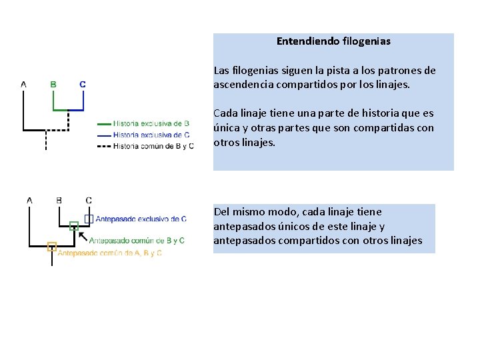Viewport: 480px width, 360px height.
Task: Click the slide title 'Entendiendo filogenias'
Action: pos(333,41)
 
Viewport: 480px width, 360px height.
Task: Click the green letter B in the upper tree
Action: pos(53,85)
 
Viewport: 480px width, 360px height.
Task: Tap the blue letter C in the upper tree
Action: pos(82,85)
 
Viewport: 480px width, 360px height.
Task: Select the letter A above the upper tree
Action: pos(24,85)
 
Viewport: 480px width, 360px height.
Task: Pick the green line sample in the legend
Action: pos(104,124)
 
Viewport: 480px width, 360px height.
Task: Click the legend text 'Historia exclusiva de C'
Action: pos(151,135)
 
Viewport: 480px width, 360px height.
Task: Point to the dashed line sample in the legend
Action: pos(104,145)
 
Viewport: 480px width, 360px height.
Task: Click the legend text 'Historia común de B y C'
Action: pos(153,145)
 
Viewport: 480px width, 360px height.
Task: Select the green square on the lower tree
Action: pos(74,225)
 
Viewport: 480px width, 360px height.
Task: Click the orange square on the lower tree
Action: pos(51,247)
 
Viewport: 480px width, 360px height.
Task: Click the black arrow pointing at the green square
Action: pos(83,235)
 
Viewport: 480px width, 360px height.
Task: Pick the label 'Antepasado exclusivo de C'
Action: pos(141,219)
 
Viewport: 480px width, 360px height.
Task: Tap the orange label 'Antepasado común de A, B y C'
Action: pos(110,253)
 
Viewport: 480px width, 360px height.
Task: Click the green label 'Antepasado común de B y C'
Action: pos(137,241)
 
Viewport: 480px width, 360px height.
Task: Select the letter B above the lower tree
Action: pos(59,200)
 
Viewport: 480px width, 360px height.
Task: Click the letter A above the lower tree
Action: pos(29,200)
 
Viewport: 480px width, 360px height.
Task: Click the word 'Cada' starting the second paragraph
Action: pos(225,113)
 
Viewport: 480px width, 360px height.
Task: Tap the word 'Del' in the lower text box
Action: pos(221,212)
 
